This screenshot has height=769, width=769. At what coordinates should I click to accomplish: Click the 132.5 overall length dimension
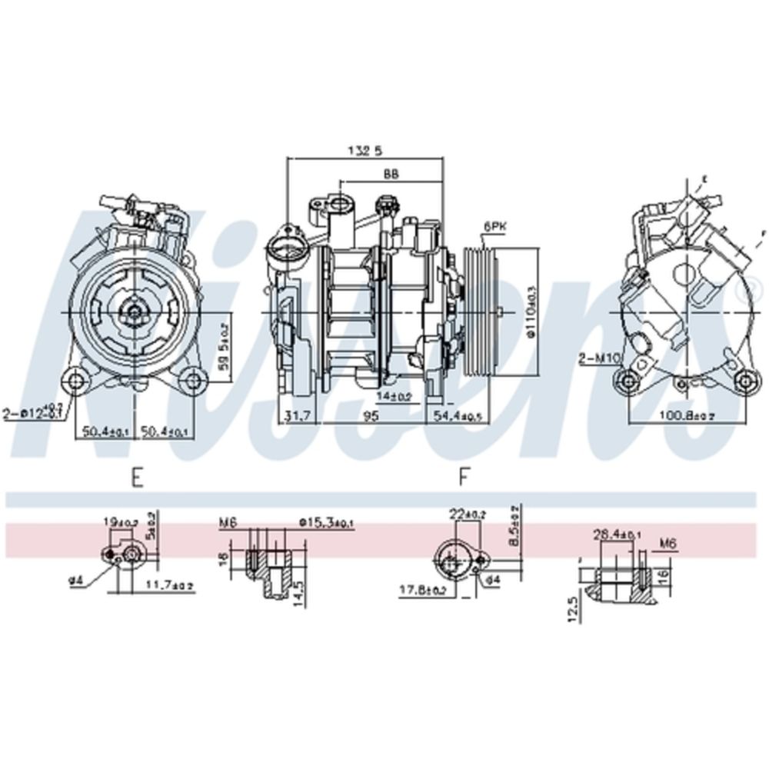[x=365, y=151]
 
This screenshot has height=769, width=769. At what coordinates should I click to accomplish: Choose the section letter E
[x=137, y=478]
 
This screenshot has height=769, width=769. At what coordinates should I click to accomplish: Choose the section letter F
[x=463, y=478]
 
